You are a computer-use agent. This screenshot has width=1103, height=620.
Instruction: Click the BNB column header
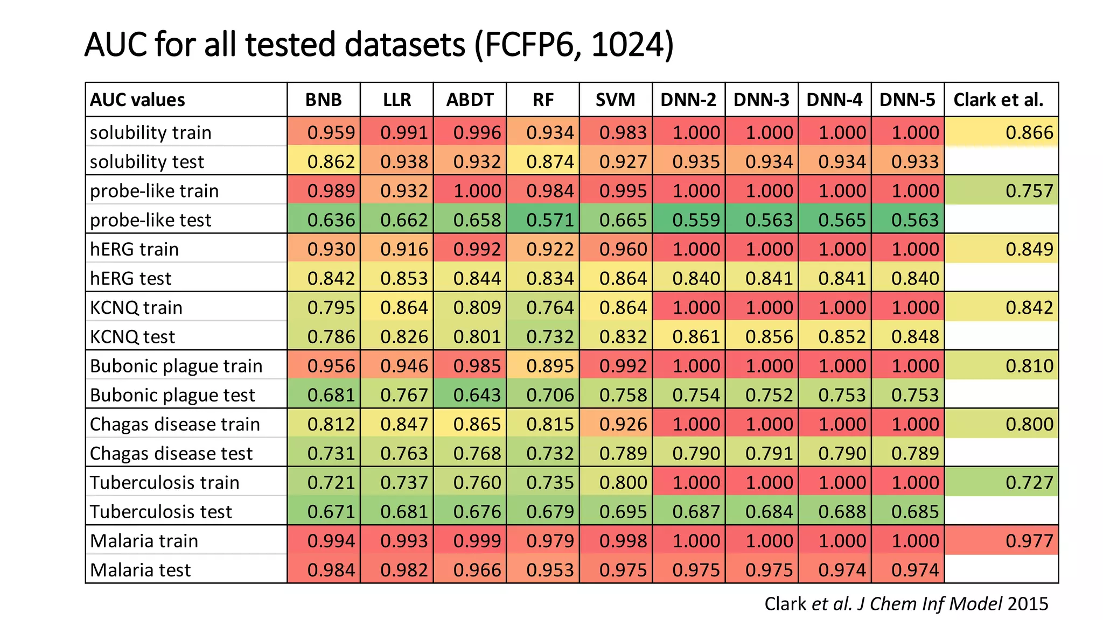[323, 100]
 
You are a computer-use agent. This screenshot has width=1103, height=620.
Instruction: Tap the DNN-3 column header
[761, 100]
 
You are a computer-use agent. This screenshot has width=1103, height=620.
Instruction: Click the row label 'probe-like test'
[151, 220]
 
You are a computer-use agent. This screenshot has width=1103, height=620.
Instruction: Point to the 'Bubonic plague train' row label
[176, 366]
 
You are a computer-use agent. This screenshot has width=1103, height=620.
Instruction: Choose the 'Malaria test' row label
[141, 570]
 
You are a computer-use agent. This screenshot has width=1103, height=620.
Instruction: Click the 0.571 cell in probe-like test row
[550, 220]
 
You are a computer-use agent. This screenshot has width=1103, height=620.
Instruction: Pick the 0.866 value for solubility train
[1029, 133]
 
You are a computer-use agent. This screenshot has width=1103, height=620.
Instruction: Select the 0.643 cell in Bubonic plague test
[477, 395]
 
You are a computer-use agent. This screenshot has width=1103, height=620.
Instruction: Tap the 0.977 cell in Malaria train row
[1029, 541]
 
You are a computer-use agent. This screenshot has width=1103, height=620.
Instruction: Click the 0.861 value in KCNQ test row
[696, 337]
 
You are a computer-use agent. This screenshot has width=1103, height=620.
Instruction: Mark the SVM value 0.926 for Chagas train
[623, 424]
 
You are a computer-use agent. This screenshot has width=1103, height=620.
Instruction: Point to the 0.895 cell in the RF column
[550, 366]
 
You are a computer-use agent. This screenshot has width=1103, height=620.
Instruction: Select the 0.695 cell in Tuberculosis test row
[623, 512]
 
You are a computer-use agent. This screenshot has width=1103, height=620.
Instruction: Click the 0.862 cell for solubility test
[331, 162]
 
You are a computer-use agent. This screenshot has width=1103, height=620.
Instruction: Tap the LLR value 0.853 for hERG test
[404, 279]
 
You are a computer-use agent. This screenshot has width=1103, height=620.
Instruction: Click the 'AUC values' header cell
[137, 100]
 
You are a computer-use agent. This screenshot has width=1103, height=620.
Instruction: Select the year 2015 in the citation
[1028, 604]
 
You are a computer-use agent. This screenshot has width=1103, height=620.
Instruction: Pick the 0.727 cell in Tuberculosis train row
[1029, 483]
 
